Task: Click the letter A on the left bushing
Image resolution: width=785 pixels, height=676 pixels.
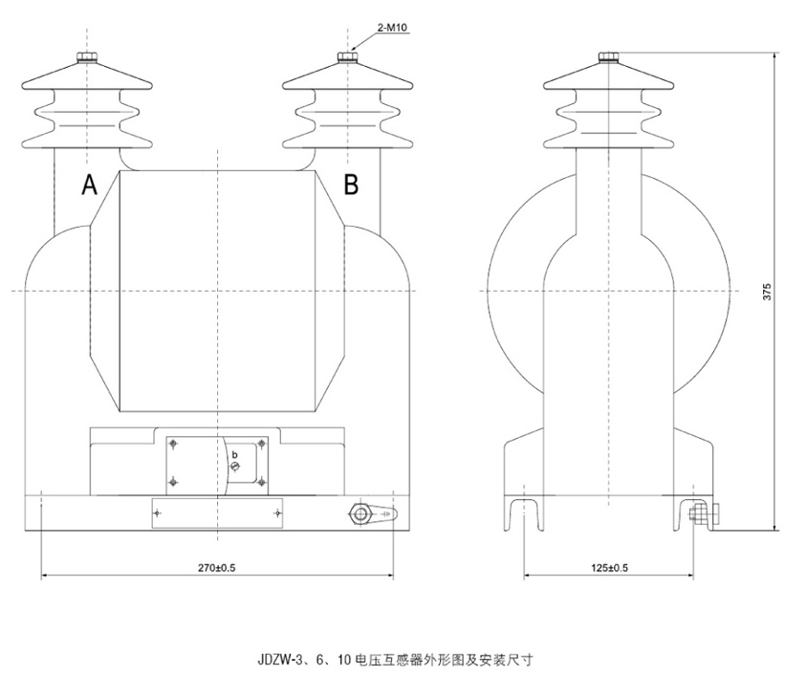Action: coord(89,185)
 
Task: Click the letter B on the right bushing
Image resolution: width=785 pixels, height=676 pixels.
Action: coord(351,185)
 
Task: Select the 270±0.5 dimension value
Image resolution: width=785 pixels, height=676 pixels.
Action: coord(217,567)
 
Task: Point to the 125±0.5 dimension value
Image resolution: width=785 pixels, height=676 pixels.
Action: coord(610,567)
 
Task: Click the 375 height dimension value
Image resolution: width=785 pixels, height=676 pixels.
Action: coord(766,293)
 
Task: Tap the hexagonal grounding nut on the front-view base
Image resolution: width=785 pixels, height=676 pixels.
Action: coord(360,514)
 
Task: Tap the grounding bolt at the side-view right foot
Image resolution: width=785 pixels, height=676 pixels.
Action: coord(699,514)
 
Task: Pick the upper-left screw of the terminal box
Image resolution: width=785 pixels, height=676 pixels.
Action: coord(173,444)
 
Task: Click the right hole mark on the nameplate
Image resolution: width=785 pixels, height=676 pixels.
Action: coord(277,513)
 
